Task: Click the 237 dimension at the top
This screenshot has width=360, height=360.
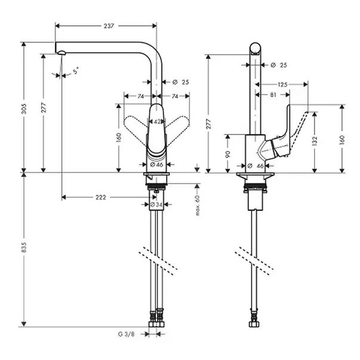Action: point(109,26)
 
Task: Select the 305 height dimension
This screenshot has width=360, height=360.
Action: point(24,109)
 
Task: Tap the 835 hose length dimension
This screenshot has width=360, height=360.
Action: point(24,247)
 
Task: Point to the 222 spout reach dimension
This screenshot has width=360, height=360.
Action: point(101,198)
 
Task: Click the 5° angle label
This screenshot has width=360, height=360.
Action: point(76,70)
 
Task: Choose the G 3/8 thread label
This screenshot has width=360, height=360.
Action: point(127,334)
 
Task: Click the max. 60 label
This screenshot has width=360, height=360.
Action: point(198,205)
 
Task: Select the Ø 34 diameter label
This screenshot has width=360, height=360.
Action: point(156,204)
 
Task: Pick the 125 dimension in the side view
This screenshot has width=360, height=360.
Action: point(282,85)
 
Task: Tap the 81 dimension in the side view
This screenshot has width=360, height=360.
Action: point(273,94)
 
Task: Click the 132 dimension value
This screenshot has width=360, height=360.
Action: point(315,140)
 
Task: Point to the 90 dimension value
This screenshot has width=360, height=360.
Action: point(227,154)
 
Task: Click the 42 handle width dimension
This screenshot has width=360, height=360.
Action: point(157,122)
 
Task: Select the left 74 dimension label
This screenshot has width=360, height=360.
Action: point(140,97)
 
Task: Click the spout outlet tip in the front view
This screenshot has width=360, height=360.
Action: point(61,53)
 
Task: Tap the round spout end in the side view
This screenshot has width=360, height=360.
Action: point(256,48)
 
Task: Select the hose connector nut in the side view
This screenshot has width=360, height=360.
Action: point(255,324)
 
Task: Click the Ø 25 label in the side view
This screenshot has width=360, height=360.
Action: point(279,65)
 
